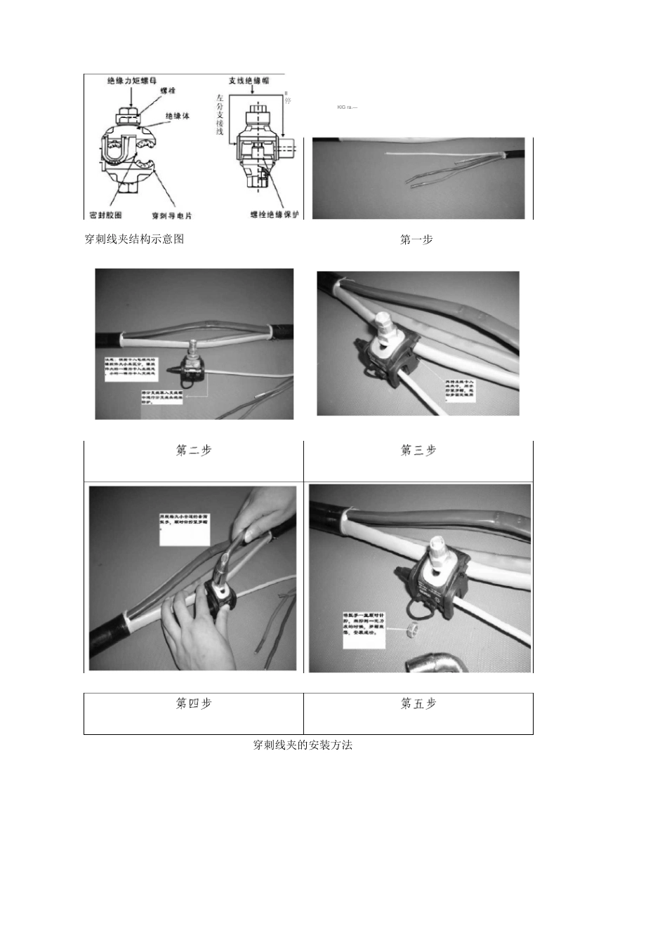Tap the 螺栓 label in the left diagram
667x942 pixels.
click(x=168, y=91)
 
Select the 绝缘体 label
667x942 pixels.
click(x=177, y=116)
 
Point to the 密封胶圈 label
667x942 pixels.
click(x=106, y=215)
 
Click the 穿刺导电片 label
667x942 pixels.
click(x=172, y=215)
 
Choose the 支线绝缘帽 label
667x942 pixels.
click(x=249, y=81)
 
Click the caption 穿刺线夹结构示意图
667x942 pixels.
click(x=134, y=239)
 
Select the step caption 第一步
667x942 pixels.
click(x=416, y=240)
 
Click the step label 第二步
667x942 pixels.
click(x=193, y=451)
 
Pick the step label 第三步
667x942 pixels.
click(x=418, y=451)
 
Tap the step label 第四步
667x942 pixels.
click(x=193, y=703)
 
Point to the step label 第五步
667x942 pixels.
click(x=418, y=703)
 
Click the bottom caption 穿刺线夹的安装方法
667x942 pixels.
click(x=303, y=745)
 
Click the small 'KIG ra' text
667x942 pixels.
click(x=347, y=107)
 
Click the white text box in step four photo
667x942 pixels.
click(x=183, y=531)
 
